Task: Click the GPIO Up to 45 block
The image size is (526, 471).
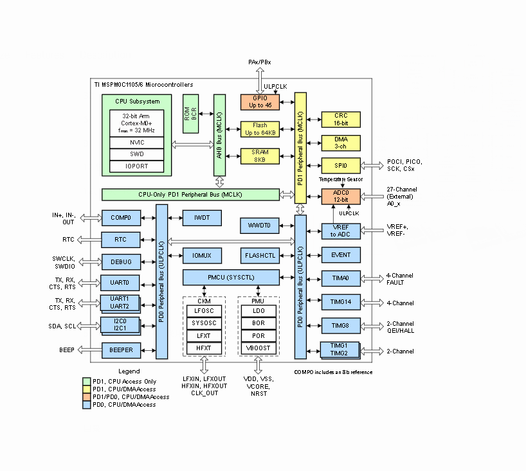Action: [260, 102]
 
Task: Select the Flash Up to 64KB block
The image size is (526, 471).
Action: [260, 129]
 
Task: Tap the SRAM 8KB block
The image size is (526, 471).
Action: [260, 156]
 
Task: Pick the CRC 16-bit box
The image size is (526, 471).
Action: [341, 119]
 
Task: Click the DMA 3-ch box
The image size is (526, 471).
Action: [341, 143]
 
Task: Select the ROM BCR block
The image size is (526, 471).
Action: [191, 114]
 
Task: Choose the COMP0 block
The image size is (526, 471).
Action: [121, 218]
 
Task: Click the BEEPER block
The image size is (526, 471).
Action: [121, 350]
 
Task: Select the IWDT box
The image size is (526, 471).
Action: [201, 218]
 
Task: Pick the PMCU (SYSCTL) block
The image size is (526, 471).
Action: [231, 277]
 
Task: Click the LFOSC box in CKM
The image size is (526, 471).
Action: [204, 310]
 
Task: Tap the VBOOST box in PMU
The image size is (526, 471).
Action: [258, 349]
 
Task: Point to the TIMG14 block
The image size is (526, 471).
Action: [341, 302]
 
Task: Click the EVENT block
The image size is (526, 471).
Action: [341, 255]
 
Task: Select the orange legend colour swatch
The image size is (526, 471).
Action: [87, 397]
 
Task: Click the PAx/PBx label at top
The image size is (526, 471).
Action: [260, 62]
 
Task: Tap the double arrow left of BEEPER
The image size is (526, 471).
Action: [89, 350]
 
